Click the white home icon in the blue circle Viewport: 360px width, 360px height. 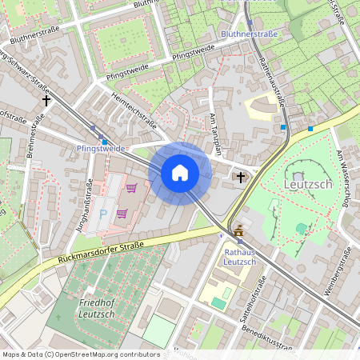point(180,172)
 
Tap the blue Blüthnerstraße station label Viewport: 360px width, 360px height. point(248,35)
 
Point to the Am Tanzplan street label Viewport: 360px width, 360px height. point(214,134)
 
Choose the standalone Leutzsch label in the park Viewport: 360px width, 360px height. point(308,185)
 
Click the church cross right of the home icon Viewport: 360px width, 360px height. point(242,176)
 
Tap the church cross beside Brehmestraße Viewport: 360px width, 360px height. point(46,102)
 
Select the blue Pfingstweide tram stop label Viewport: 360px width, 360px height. point(101,149)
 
